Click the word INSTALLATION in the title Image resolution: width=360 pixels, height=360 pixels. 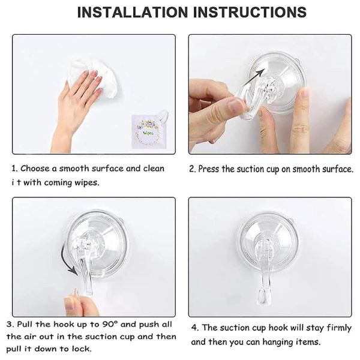tap(133, 12)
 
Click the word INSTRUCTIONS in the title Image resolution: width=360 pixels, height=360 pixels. tap(250, 12)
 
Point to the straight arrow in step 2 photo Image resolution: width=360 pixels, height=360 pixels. tap(253, 77)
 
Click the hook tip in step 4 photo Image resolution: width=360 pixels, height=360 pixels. tap(263, 298)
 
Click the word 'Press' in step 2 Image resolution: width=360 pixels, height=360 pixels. tap(209, 169)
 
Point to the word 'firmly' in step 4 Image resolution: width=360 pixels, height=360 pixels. tap(339, 328)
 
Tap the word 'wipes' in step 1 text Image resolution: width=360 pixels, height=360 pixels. tap(87, 183)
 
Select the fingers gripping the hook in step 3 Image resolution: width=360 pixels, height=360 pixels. tap(78, 303)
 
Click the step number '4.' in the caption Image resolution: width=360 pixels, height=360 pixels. tap(195, 328)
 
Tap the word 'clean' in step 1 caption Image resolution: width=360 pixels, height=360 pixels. tap(154, 169)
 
